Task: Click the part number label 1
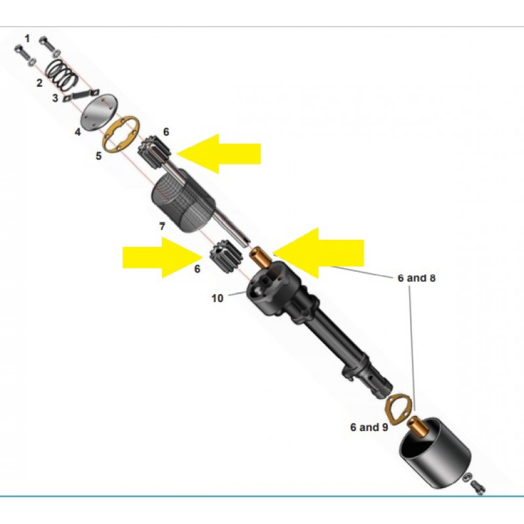click(x=28, y=39)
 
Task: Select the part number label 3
click(x=55, y=98)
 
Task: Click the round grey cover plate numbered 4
click(x=99, y=112)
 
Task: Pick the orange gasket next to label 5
click(x=121, y=134)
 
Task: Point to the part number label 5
click(x=99, y=156)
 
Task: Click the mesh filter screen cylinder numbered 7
click(x=183, y=200)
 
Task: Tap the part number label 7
click(x=162, y=227)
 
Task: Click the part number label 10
click(x=217, y=298)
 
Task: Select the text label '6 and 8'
click(x=417, y=278)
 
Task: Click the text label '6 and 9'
click(x=369, y=427)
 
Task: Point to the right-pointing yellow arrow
click(x=162, y=257)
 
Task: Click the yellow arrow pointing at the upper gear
click(x=218, y=154)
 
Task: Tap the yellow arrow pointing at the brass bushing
click(x=318, y=253)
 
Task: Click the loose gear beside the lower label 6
click(x=226, y=256)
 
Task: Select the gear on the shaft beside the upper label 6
click(x=155, y=152)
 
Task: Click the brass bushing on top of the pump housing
click(x=261, y=257)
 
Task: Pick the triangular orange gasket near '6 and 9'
click(x=398, y=410)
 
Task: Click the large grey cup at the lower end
click(x=435, y=453)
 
